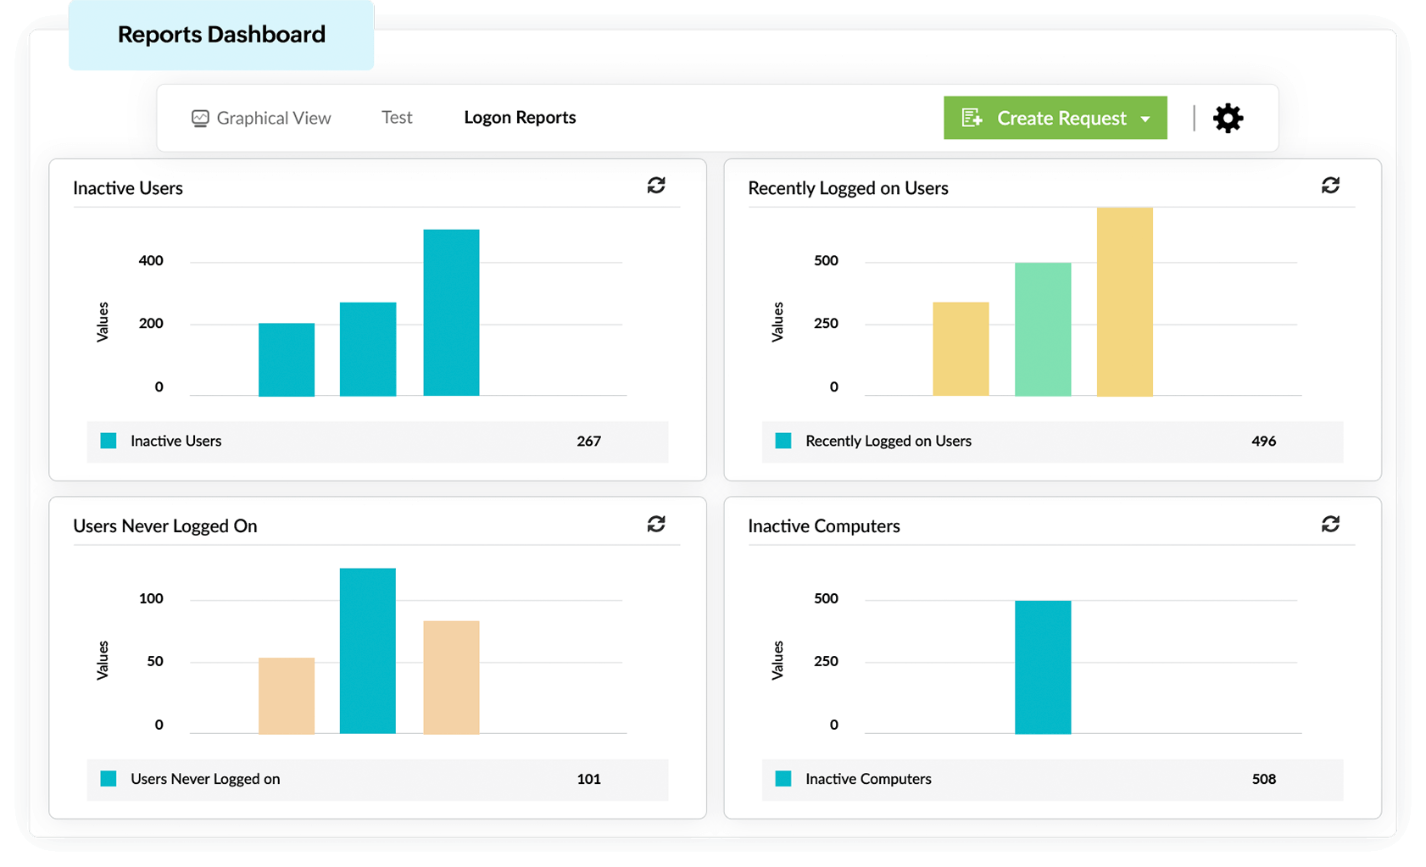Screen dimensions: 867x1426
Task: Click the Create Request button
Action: pos(1055,118)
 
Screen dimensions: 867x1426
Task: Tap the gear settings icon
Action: pos(1228,118)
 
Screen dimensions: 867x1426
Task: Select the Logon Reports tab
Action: pos(520,118)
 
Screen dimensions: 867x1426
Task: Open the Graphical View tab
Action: pos(261,118)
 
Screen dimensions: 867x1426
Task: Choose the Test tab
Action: pos(397,118)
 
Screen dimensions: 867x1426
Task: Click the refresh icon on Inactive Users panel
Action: pos(656,186)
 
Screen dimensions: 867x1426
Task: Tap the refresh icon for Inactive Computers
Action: pos(1330,524)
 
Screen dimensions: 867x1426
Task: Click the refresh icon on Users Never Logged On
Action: pos(656,524)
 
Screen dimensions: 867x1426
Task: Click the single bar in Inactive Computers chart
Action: pos(1043,667)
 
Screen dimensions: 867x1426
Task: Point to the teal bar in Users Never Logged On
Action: pos(368,650)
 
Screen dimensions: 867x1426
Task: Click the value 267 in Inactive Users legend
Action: pos(588,441)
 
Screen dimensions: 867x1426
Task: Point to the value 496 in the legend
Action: pos(1263,441)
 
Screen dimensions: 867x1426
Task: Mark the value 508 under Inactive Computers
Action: pos(1263,779)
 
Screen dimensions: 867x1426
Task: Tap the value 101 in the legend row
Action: pos(588,779)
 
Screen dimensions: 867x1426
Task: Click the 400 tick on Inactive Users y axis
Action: pos(151,261)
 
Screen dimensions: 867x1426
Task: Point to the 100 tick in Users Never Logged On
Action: pos(151,598)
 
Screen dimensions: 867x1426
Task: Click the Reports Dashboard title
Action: pos(221,35)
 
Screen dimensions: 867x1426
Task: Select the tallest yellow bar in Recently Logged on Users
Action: pos(1124,302)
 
